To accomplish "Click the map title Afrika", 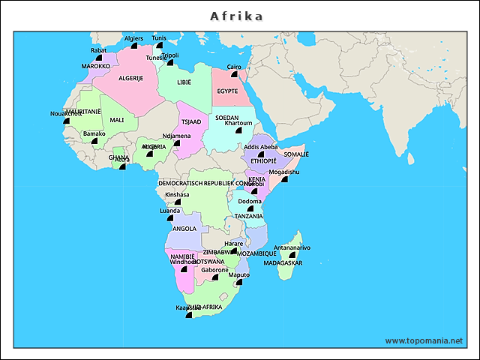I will point(236,16).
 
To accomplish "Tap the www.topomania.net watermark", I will point(424,340).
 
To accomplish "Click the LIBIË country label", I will point(184,82).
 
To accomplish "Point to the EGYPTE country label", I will point(227,91).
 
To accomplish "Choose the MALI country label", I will point(117,120).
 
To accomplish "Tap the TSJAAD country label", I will point(191,121).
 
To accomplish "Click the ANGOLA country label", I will point(184,229).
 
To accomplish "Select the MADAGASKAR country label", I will point(283,263).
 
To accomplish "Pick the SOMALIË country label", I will point(296,154).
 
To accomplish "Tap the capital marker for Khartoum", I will point(238,131).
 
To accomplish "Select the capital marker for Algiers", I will point(133,46).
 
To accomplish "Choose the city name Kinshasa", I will point(177,194).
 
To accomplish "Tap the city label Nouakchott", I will point(65,113).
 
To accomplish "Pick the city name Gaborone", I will point(214,269).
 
